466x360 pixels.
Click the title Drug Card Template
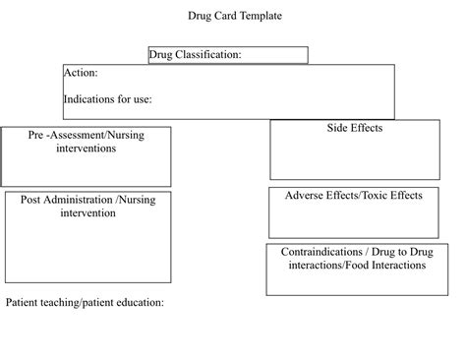233,16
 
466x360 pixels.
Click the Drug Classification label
195,55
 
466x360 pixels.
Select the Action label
80,73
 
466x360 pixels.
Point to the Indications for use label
107,99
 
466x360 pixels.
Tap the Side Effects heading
354,128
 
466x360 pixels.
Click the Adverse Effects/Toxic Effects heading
353,195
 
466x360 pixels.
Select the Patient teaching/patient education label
85,303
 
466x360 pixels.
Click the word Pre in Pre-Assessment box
37,135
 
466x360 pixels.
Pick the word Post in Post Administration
31,200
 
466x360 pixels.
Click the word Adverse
304,195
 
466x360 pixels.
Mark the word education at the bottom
140,303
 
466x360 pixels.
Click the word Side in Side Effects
337,128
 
